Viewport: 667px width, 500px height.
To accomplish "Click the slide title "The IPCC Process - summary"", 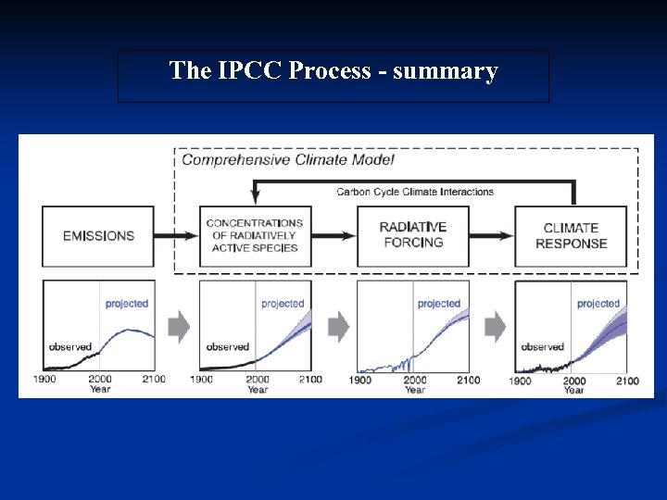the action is [x=333, y=71].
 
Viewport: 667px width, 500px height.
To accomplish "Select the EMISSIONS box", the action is [x=99, y=236].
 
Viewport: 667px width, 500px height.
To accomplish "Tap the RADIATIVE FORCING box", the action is [x=412, y=235].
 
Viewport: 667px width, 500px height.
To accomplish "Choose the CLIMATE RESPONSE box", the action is [x=571, y=235].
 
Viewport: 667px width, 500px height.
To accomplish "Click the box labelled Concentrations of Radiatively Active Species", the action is [x=255, y=235].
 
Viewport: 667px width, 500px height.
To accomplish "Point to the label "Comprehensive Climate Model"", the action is [x=288, y=159].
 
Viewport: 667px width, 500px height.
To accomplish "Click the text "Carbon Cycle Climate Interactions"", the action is [x=414, y=192].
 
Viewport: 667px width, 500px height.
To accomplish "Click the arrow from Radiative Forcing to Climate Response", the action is [x=491, y=236].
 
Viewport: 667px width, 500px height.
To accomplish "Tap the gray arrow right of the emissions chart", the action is [x=179, y=326].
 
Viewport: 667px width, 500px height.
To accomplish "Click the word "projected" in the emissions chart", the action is [x=127, y=304].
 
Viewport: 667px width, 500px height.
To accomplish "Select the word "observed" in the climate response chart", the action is [x=543, y=347].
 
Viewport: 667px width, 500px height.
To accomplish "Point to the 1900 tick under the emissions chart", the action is [x=45, y=379].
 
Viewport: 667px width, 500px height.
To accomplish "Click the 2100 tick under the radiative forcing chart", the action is [x=469, y=380].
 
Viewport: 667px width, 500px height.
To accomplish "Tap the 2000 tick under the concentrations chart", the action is [x=258, y=379].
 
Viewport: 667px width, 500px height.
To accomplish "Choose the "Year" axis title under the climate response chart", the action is [x=574, y=390].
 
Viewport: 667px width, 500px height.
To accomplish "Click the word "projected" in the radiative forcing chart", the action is [x=439, y=304].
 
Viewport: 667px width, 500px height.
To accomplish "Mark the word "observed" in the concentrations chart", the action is [x=228, y=347].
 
